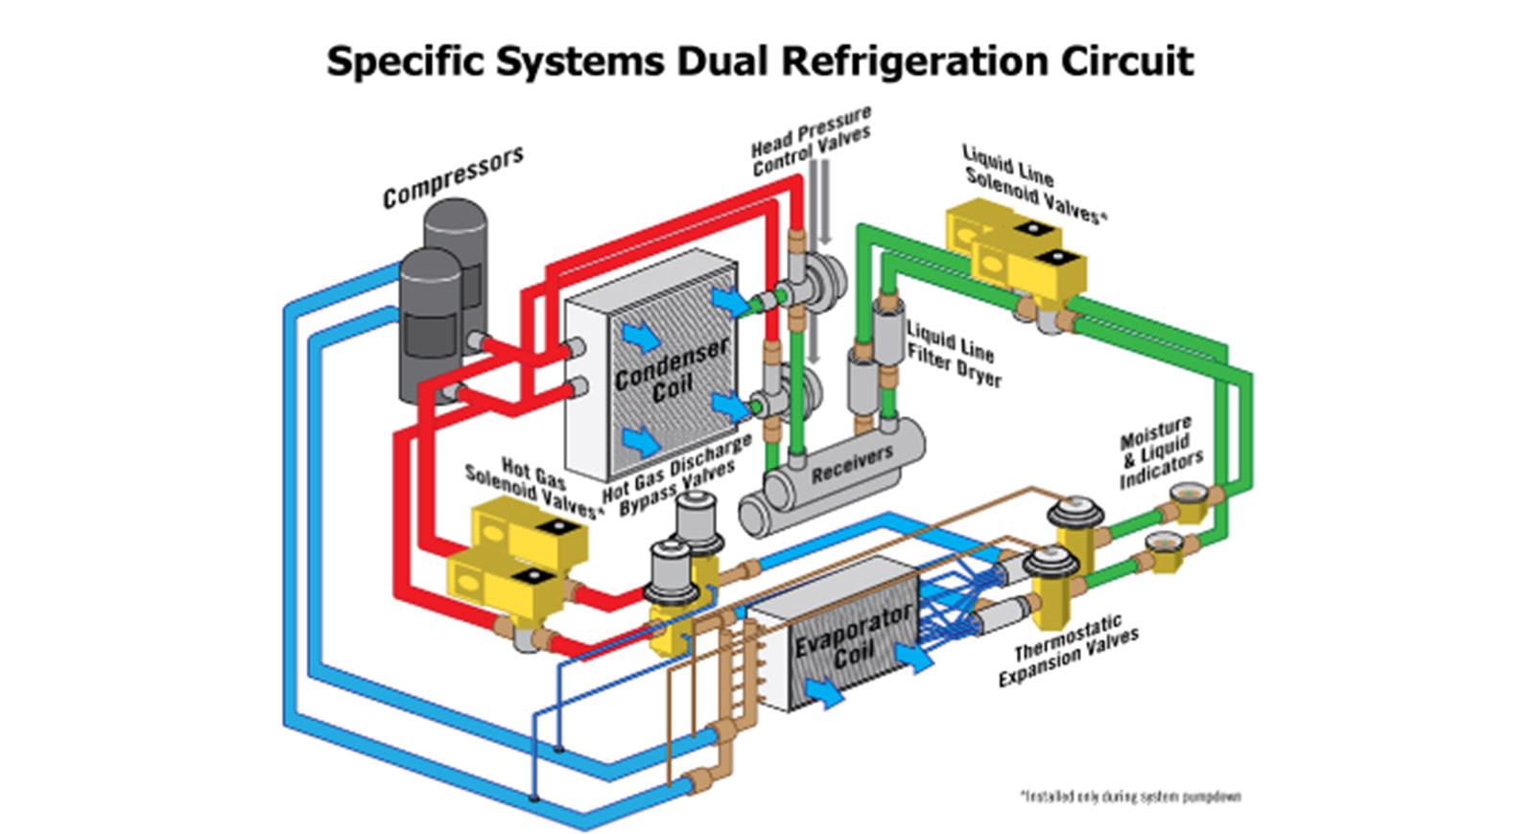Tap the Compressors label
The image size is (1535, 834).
[453, 176]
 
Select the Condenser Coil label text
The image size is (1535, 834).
[672, 371]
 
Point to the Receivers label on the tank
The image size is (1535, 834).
[852, 464]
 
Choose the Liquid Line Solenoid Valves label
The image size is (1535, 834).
[1033, 184]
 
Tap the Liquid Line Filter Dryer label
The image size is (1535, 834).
[954, 354]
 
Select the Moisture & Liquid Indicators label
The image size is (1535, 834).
[1159, 452]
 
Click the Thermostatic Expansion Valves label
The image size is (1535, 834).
[1068, 651]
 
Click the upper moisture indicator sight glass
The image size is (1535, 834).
[1189, 496]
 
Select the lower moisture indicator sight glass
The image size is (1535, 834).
[1163, 543]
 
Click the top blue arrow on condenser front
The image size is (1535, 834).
[640, 336]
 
